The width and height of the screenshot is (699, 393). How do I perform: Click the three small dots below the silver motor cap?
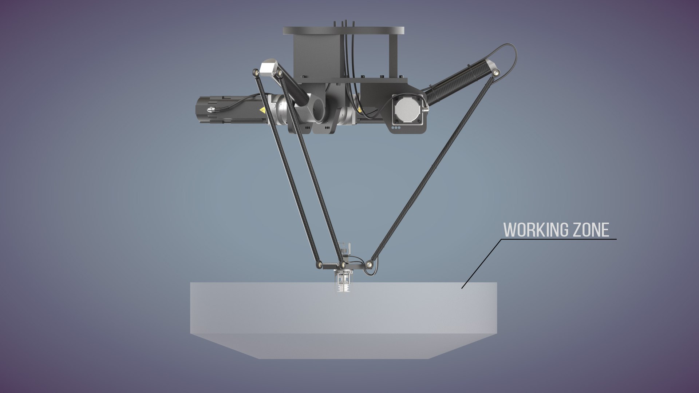(396, 128)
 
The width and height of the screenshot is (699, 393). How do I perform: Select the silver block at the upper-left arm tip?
(268, 68)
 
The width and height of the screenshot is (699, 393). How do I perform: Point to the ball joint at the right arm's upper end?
(495, 73)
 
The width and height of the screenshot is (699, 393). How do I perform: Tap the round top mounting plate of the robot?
(343, 31)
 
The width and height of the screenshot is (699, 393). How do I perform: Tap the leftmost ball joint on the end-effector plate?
(319, 265)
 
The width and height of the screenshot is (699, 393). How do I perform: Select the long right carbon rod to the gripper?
(433, 167)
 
